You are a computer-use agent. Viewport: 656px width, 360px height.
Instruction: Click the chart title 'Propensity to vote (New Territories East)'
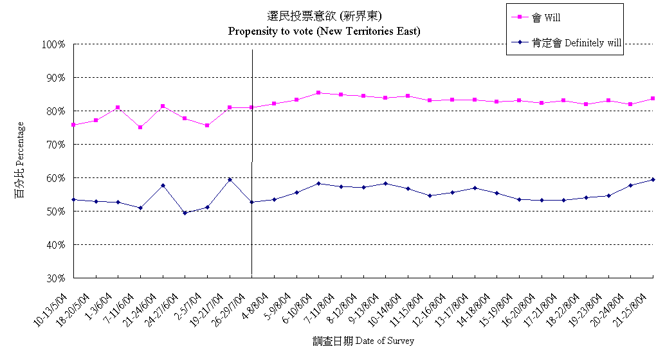[324, 30]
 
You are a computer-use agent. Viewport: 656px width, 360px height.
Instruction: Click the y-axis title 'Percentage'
[20, 159]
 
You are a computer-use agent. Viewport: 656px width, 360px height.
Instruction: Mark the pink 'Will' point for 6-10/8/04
[319, 93]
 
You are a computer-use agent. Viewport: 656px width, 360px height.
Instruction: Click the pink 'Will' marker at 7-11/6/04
[140, 127]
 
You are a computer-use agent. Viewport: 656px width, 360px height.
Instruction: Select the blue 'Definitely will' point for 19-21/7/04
[230, 179]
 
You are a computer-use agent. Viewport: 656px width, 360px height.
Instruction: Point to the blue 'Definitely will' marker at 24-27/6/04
[185, 213]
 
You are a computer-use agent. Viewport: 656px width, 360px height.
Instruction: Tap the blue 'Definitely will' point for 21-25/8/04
[653, 179]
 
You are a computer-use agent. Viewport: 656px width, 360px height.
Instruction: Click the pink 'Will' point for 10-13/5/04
[74, 125]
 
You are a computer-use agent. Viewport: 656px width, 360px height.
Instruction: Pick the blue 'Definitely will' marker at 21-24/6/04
[163, 185]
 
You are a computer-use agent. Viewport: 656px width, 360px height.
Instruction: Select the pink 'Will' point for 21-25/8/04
[653, 98]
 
